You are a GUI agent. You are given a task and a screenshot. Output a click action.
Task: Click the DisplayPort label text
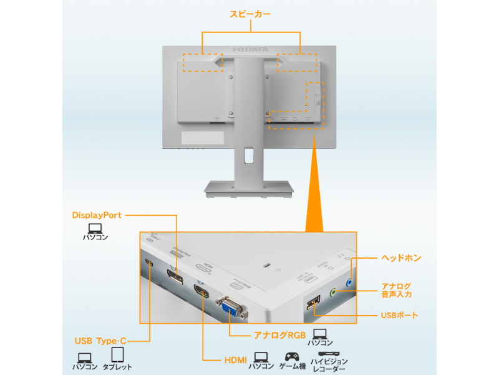click(97, 215)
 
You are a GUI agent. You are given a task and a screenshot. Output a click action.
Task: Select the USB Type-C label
click(100, 341)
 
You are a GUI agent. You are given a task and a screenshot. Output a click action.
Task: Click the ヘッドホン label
click(401, 257)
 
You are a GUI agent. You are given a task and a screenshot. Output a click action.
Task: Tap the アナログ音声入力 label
click(397, 290)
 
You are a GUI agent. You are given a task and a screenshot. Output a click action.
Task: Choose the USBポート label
click(399, 316)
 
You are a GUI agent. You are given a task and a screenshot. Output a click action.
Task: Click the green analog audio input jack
click(334, 291)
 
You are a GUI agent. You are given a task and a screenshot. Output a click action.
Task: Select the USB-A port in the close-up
click(312, 302)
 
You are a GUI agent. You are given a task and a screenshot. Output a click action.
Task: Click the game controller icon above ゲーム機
click(292, 356)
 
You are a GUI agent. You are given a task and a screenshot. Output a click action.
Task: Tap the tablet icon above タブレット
click(117, 356)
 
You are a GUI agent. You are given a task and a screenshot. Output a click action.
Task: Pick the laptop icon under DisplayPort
click(95, 228)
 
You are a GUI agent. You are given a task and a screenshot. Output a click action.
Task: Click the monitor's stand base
click(249, 188)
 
